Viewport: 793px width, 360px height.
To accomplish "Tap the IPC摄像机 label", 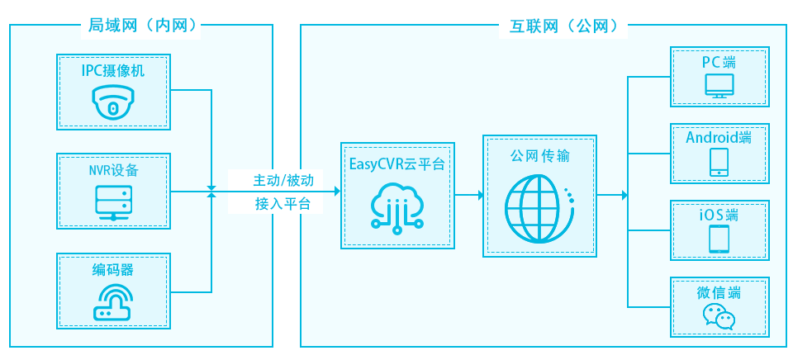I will [113, 70].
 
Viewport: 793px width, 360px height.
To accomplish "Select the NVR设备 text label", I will [113, 171].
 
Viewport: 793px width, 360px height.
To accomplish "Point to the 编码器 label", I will [113, 270].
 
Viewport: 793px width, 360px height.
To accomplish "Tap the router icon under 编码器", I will [113, 302].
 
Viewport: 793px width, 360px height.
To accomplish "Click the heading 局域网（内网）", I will [142, 26].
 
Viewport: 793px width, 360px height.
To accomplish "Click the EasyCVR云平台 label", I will [397, 163].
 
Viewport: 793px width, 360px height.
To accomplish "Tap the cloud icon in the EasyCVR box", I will [397, 206].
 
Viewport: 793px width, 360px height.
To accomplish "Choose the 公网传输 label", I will [539, 155].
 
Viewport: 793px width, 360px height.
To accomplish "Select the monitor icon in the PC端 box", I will [718, 87].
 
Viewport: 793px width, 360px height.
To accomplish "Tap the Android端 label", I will [719, 137].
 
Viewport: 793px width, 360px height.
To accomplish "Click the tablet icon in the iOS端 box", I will [718, 239].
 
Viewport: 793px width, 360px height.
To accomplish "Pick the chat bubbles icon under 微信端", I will [718, 316].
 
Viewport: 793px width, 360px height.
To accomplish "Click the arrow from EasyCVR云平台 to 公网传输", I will [469, 196].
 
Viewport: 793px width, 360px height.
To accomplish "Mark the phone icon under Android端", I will [718, 162].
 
